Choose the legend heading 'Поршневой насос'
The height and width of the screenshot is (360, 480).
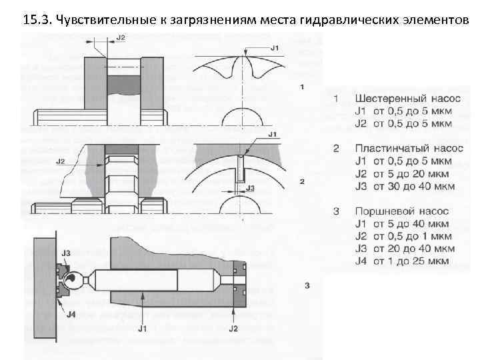coord(397,211)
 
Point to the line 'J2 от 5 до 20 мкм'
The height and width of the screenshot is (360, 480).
coord(402,173)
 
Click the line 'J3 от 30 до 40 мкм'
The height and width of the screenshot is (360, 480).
coord(403,186)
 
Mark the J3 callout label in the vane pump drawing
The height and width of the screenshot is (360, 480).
coord(251,189)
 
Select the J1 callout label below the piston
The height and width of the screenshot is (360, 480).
coord(142,329)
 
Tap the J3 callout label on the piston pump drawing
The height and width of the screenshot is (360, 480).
coord(66,253)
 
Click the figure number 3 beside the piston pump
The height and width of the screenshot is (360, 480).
coord(306,285)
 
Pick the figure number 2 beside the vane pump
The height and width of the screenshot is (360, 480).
coord(302,181)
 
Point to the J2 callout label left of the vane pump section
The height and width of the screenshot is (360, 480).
coord(60,161)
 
